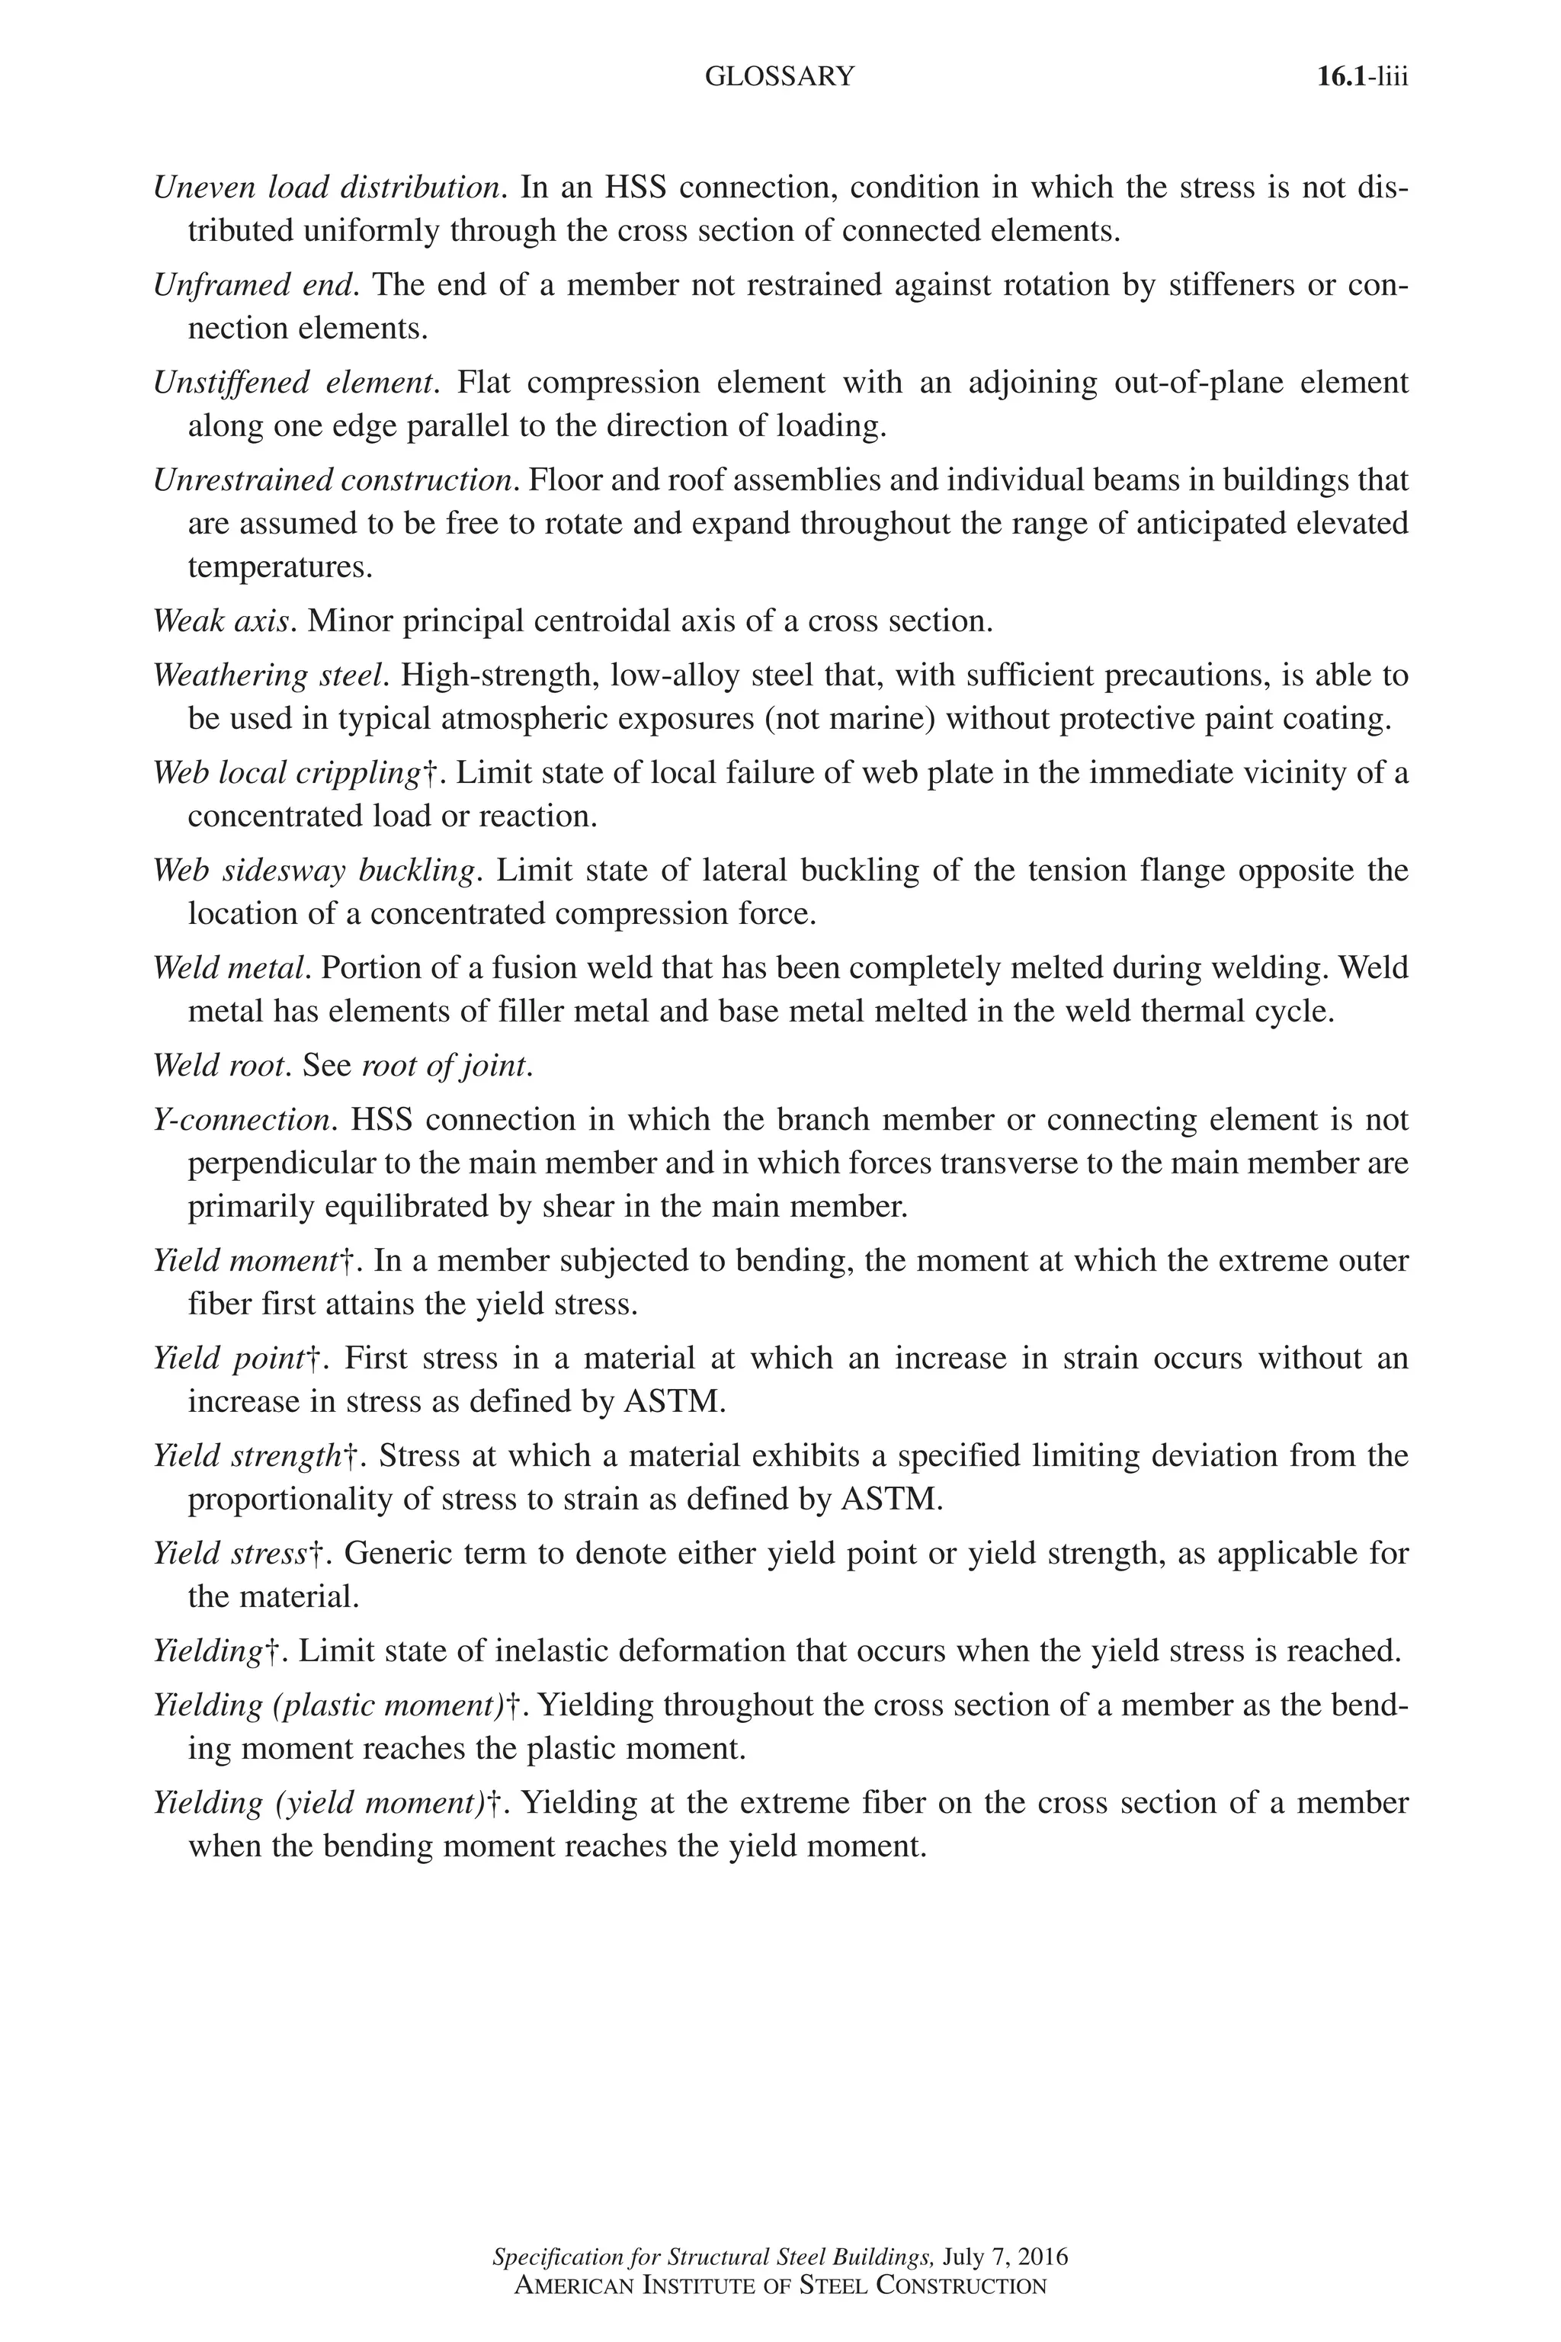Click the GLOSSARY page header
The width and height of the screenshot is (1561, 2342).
(780, 77)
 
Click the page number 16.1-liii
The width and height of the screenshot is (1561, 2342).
(1362, 77)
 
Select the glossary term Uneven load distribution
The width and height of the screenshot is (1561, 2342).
(325, 188)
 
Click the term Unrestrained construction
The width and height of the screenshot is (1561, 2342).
(332, 480)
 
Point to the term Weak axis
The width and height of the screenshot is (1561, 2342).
(221, 621)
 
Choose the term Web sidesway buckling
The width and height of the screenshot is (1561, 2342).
(313, 871)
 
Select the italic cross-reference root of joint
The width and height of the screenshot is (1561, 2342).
(443, 1066)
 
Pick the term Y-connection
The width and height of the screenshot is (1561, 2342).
(243, 1119)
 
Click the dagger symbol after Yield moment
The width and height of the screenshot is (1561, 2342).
(348, 1262)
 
